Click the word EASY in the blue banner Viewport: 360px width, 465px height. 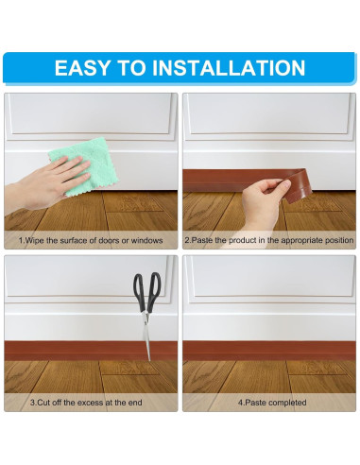pyautogui.click(x=82, y=67)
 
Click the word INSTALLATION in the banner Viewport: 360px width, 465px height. pyautogui.click(x=229, y=67)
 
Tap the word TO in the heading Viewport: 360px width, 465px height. pyautogui.click(x=131, y=67)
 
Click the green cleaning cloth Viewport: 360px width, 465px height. pyautogui.click(x=84, y=165)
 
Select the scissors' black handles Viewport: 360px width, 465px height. pyautogui.click(x=147, y=291)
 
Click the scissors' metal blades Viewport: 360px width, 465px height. pyautogui.click(x=146, y=336)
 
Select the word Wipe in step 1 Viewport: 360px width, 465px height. pyautogui.click(x=34, y=240)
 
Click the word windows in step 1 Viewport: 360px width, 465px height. pyautogui.click(x=146, y=240)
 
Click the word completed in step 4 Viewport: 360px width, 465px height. pyautogui.click(x=287, y=403)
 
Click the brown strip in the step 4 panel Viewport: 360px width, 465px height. pyautogui.click(x=269, y=351)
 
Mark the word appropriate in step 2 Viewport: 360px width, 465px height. pyautogui.click(x=302, y=240)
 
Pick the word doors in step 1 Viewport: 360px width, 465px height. pyautogui.click(x=109, y=240)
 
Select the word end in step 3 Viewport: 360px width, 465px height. pyautogui.click(x=136, y=403)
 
